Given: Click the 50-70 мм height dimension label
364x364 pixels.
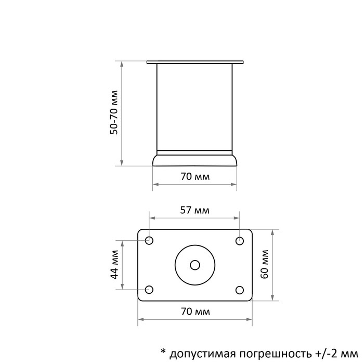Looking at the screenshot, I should point(115,113).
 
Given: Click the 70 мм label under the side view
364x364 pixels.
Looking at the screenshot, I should point(195,176).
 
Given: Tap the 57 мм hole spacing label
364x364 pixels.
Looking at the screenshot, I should point(194,211).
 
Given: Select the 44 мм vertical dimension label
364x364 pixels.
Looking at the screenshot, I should point(115,265).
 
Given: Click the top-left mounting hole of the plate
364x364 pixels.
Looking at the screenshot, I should point(150,240).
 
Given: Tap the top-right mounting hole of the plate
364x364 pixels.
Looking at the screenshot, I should point(240,240).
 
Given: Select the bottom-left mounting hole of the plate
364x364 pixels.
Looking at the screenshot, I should point(150,290).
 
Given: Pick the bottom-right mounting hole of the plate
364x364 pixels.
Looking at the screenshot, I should point(240,290).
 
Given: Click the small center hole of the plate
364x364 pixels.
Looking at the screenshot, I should point(195,265).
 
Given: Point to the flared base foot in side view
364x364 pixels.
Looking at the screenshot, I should point(195,160).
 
